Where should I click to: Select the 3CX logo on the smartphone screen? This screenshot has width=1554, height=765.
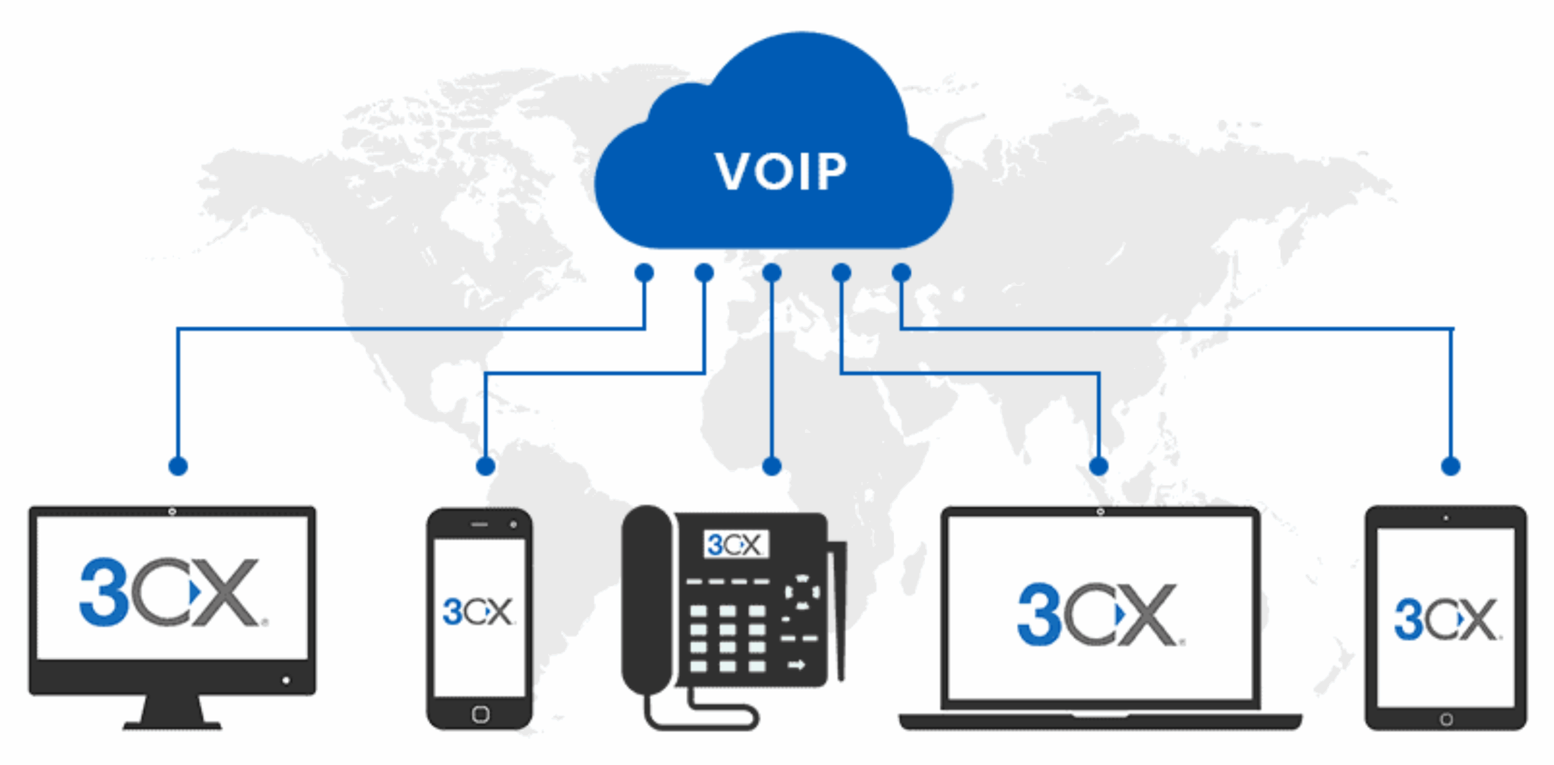(x=478, y=611)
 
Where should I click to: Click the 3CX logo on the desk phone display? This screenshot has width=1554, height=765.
(x=735, y=545)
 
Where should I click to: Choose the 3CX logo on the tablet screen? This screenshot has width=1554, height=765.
(x=1447, y=619)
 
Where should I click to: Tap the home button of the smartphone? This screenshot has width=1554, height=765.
(x=480, y=714)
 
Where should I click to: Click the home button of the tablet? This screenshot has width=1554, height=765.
(x=1447, y=719)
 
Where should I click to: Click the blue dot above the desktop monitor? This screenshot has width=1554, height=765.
(x=178, y=466)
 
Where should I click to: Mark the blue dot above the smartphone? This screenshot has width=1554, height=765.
(x=486, y=466)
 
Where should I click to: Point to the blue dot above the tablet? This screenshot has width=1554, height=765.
(x=1450, y=466)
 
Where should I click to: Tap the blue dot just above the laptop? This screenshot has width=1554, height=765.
(x=1099, y=466)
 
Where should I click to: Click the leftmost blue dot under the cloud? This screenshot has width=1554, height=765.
(x=644, y=273)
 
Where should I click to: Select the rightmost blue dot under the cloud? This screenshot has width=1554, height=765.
(x=901, y=273)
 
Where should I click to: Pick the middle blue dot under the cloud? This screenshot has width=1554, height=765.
(x=772, y=273)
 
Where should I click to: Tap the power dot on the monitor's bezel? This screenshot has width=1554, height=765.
(x=286, y=680)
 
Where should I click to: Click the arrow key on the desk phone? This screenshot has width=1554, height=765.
(x=796, y=665)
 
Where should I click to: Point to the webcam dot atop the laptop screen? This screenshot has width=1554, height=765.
(x=1100, y=512)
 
